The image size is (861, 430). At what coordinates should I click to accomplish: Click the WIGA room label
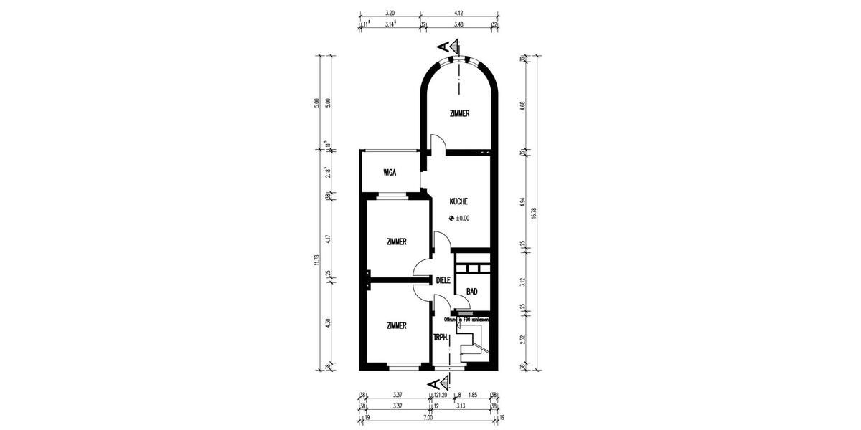click(x=390, y=173)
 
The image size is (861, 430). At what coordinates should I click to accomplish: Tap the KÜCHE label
click(x=459, y=202)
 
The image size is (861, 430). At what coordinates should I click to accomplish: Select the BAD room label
click(x=472, y=292)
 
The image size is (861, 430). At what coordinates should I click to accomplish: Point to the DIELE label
click(x=443, y=280)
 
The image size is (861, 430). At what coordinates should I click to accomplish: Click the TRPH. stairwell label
click(x=441, y=337)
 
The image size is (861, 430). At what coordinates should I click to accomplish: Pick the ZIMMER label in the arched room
click(x=459, y=113)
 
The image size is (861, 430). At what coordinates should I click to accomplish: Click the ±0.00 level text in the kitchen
click(x=462, y=219)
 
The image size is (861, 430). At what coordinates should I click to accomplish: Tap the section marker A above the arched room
click(x=446, y=47)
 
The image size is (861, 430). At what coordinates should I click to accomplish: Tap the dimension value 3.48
click(x=459, y=24)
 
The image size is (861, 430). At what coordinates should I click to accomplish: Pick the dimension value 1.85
click(x=474, y=394)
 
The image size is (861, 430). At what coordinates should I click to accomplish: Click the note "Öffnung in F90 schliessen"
click(x=466, y=319)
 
